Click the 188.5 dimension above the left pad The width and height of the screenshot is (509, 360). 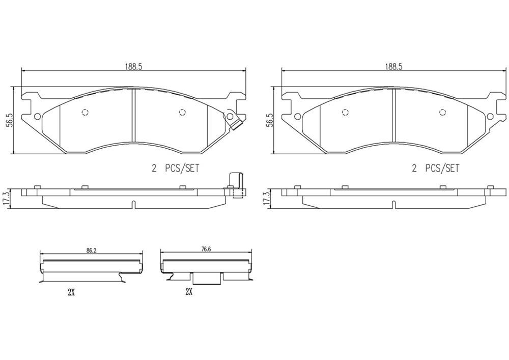click(133, 66)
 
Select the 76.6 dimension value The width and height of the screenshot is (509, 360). click(206, 250)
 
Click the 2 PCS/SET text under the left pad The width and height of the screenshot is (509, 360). click(175, 168)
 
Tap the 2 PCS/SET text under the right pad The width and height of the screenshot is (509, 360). click(435, 168)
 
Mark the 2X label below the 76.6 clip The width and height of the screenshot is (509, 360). click(189, 292)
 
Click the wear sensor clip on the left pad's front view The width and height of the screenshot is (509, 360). click(234, 121)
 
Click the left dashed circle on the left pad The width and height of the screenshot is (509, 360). click(85, 113)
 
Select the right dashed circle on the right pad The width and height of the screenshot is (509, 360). click(442, 113)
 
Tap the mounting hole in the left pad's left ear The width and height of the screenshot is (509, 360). click(37, 117)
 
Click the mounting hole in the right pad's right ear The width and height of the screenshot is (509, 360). click(490, 117)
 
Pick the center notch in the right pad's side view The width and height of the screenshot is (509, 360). click(393, 205)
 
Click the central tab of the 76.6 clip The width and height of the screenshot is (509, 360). click(206, 278)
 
